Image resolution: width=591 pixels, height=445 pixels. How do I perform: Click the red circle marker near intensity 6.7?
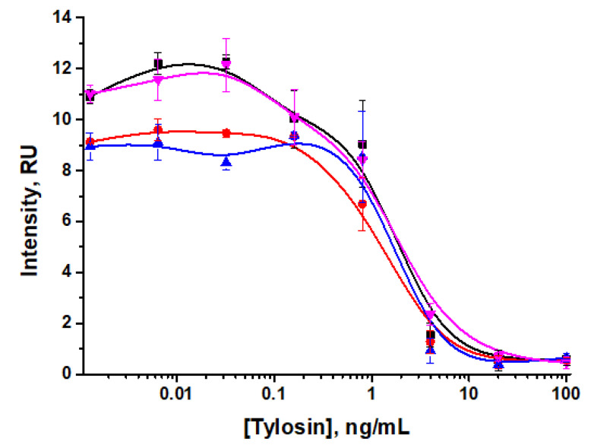coord(362,204)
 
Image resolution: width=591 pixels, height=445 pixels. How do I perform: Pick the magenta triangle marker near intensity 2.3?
coord(430,315)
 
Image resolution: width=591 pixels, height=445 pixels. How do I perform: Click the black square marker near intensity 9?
coord(362,145)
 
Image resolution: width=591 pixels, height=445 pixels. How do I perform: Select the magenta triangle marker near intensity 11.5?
coord(158,80)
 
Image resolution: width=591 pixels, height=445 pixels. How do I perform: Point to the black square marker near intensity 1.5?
coord(431,335)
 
